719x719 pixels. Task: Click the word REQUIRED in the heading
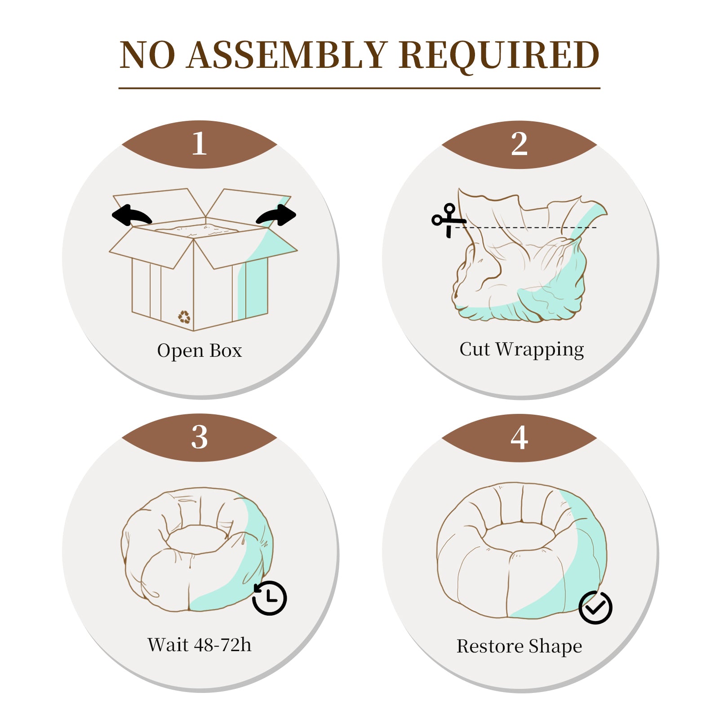pyautogui.click(x=499, y=56)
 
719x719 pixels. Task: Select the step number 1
pyautogui.click(x=200, y=144)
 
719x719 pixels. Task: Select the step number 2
pyautogui.click(x=519, y=144)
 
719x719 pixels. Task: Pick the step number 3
pyautogui.click(x=200, y=437)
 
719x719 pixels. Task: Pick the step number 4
pyautogui.click(x=519, y=437)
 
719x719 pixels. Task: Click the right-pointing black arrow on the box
pyautogui.click(x=276, y=215)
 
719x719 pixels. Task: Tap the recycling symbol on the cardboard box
pyautogui.click(x=184, y=317)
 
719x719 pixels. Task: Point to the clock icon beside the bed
pyautogui.click(x=270, y=598)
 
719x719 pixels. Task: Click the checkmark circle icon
pyautogui.click(x=595, y=608)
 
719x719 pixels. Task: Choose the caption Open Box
pyautogui.click(x=200, y=351)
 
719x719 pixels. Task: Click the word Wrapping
pyautogui.click(x=540, y=350)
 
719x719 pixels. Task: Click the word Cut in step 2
pyautogui.click(x=475, y=349)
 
